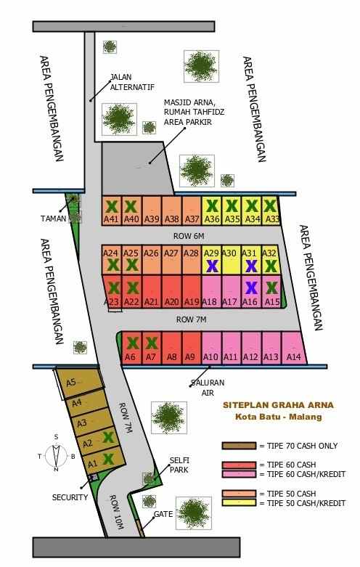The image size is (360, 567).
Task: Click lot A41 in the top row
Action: coord(111,210)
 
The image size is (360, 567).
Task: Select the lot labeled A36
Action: coord(212,210)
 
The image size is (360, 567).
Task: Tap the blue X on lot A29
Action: coord(211,266)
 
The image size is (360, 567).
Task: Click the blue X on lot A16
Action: coord(250,287)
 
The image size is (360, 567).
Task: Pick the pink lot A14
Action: coord(293,348)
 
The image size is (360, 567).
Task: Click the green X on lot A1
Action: coord(108,458)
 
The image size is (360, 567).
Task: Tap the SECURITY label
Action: coord(70,497)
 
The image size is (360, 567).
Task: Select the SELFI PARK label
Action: coord(179,465)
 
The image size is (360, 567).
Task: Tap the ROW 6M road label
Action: coord(189,236)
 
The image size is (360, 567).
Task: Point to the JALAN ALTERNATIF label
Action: coord(131,82)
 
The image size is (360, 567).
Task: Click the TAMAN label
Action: coord(52,218)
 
